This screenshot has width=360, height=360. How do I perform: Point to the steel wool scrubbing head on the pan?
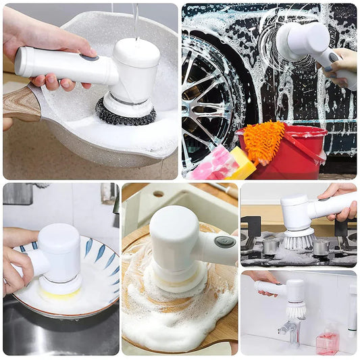124,111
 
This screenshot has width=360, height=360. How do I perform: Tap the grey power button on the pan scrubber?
88,58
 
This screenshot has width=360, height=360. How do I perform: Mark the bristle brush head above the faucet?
295,309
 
